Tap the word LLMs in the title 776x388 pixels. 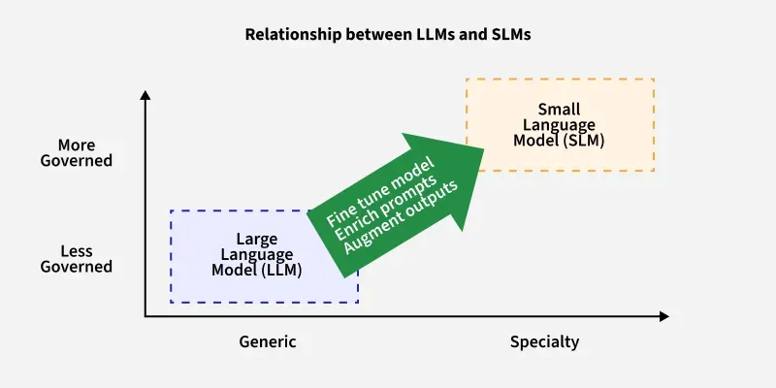pos(406,35)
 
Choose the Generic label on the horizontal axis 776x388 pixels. pos(268,341)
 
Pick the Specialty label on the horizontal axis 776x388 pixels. pos(544,341)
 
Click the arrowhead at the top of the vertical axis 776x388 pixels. pos(145,95)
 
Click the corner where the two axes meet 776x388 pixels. pos(145,316)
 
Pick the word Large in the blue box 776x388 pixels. pos(257,239)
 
